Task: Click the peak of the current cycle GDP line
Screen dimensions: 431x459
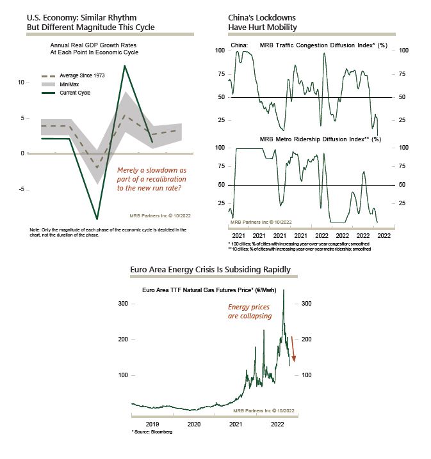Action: click(x=124, y=66)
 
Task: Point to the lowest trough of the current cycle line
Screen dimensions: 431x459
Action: click(x=97, y=219)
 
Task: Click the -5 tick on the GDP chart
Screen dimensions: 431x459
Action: click(x=22, y=189)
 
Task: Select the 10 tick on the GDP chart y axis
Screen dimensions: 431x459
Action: click(x=21, y=82)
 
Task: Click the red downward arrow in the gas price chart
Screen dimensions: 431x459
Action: click(x=293, y=349)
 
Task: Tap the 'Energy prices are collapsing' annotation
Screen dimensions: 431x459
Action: click(x=250, y=311)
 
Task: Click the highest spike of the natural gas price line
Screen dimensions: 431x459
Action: click(x=284, y=290)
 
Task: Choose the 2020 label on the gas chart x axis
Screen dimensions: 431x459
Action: click(x=194, y=424)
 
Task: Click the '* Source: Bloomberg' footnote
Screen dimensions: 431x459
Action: click(x=152, y=432)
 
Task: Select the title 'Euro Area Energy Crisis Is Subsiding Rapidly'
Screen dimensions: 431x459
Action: click(x=210, y=269)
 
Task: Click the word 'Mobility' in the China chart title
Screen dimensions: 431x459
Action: click(x=282, y=27)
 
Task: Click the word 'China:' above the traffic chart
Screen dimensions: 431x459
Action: click(x=240, y=45)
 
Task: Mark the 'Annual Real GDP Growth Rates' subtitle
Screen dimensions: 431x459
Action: click(x=94, y=45)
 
